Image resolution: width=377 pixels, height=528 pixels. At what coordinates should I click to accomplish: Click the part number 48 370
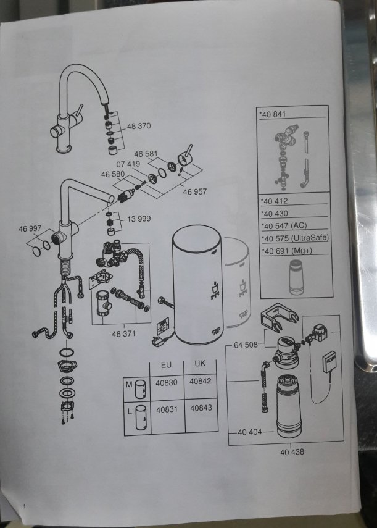pos(139,126)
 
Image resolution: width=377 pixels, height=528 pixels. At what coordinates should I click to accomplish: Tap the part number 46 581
pos(146,154)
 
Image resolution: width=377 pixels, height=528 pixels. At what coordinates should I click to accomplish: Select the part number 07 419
pos(128,164)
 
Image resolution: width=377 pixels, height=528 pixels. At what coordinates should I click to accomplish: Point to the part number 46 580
pos(113,174)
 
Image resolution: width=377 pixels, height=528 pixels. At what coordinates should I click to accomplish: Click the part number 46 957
pos(195,191)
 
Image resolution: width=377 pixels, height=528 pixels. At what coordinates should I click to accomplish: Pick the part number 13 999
pos(139,219)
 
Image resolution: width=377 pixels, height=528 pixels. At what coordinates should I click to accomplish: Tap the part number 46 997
pos(30,228)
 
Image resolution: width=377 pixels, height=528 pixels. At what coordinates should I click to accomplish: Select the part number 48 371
pos(123,333)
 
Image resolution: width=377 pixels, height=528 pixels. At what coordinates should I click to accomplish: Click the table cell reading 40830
pos(167,383)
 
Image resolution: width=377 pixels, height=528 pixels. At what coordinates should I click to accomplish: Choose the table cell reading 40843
pos(201,408)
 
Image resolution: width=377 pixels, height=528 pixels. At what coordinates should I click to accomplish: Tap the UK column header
pos(200,364)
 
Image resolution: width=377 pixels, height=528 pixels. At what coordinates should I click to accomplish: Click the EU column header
pos(166,365)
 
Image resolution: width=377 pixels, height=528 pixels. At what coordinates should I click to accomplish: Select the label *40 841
pos(272,114)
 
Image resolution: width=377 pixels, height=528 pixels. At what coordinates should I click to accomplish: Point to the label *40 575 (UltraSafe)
pos(295,238)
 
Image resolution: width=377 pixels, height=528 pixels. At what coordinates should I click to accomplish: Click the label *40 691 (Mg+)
pos(287,251)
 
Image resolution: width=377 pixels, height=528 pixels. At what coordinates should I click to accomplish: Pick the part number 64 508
pos(246,345)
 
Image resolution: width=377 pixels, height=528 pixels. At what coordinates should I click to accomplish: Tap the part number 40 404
pos(249,432)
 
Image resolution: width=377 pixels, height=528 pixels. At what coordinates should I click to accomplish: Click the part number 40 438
pos(292,452)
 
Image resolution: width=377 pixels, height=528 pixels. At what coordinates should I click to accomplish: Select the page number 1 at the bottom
pos(24,506)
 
